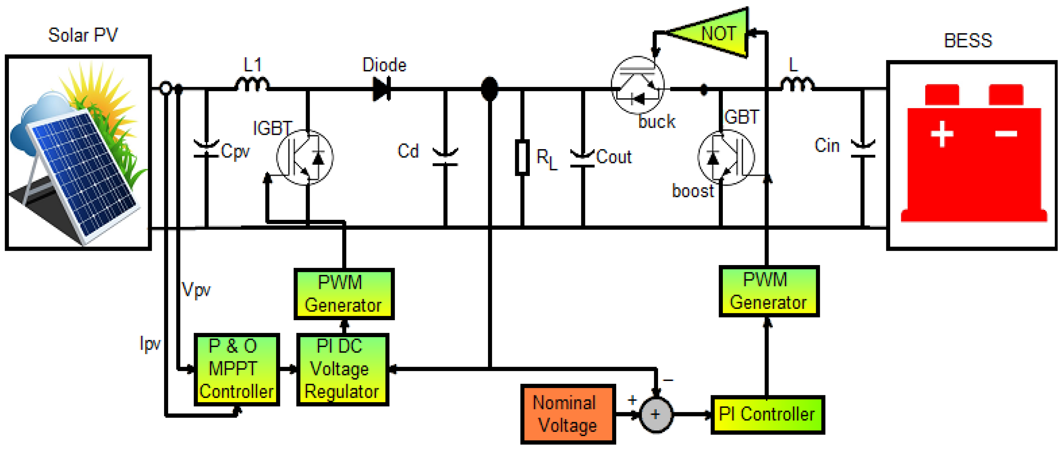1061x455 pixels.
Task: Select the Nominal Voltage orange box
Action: pyautogui.click(x=568, y=414)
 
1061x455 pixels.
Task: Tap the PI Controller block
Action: pyautogui.click(x=767, y=414)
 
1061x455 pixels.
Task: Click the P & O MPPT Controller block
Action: pyautogui.click(x=237, y=369)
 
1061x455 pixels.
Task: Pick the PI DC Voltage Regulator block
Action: pyautogui.click(x=342, y=369)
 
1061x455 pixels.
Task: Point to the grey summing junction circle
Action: pyautogui.click(x=656, y=414)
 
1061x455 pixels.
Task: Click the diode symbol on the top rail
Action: pyautogui.click(x=382, y=89)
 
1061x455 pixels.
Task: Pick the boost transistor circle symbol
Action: pyautogui.click(x=726, y=157)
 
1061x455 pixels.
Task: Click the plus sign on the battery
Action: pyautogui.click(x=942, y=134)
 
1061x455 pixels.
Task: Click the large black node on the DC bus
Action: pyautogui.click(x=489, y=89)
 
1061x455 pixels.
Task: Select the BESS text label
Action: pyautogui.click(x=968, y=41)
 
